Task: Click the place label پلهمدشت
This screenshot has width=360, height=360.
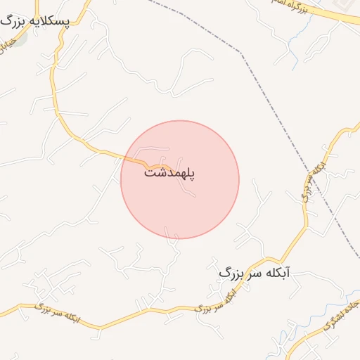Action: [x=169, y=172]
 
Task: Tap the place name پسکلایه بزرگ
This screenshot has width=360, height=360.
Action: [x=36, y=20]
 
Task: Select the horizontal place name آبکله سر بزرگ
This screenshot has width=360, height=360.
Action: [x=255, y=273]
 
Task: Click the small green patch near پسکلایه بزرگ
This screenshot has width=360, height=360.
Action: [x=20, y=37]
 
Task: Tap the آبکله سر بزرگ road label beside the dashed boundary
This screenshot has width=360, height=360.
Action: [x=316, y=179]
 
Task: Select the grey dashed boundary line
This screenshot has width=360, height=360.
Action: [x=295, y=141]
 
